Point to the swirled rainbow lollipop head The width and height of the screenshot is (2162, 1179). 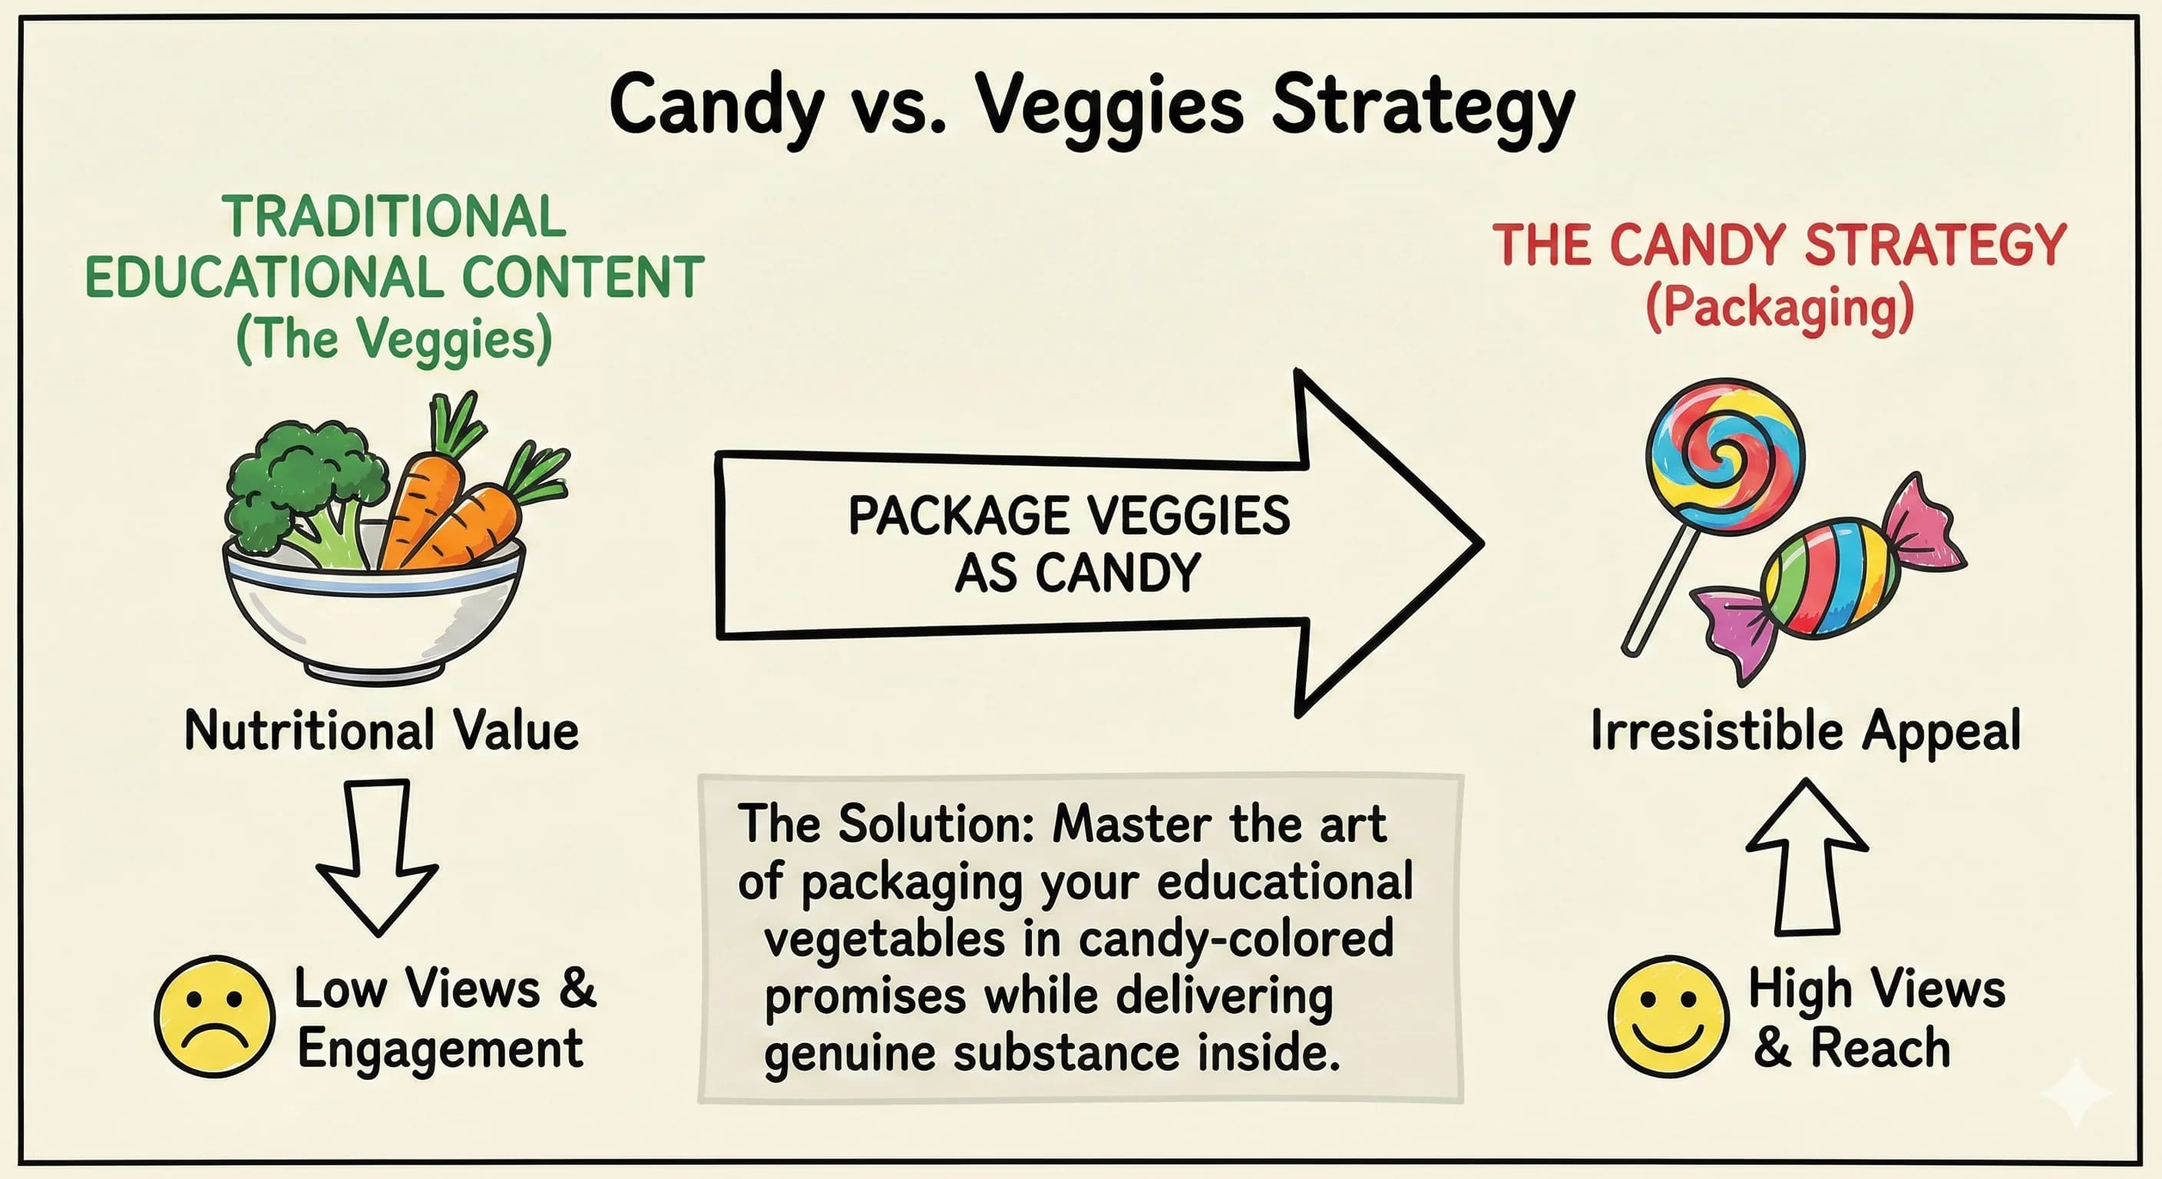1724,457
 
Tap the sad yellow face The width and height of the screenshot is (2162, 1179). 214,1016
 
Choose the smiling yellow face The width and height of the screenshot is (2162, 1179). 1668,1016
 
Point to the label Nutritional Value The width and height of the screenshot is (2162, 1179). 381,730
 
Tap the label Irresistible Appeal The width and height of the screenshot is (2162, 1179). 1805,730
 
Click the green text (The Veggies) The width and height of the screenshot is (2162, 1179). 395,339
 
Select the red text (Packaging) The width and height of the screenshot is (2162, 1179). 1780,309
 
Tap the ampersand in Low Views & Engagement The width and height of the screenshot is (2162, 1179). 577,988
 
